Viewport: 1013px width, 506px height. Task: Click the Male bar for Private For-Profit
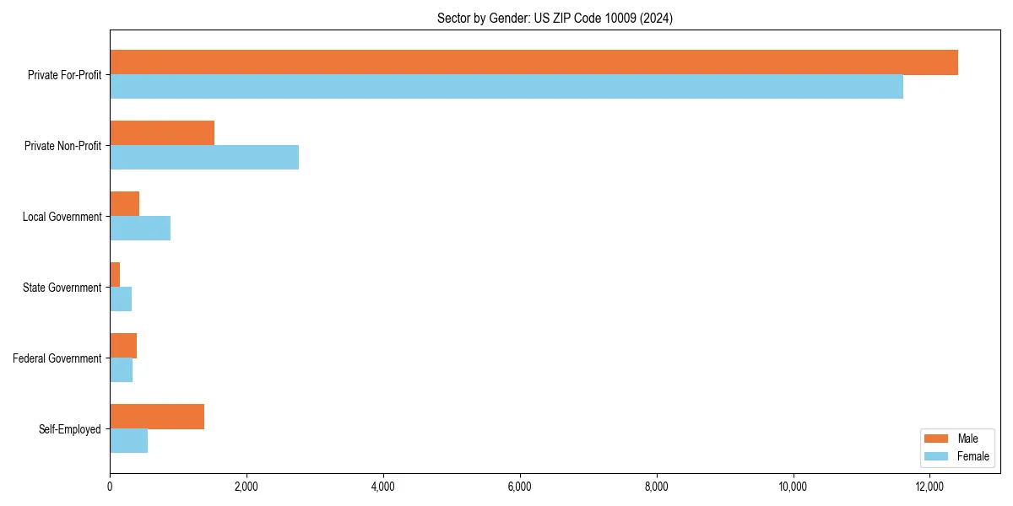coord(534,62)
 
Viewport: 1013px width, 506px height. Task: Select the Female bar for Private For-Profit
coord(506,87)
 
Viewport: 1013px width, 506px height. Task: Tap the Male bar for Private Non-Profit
coord(162,133)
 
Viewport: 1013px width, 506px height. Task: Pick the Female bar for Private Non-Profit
coord(204,158)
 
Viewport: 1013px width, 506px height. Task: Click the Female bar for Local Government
coord(140,229)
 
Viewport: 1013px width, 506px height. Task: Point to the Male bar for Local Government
coord(125,204)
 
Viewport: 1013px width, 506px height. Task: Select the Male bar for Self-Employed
coord(157,417)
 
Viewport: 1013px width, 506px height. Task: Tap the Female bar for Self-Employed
coord(129,441)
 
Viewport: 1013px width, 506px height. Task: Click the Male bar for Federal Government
coord(123,346)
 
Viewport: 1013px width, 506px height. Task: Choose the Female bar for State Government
coord(121,299)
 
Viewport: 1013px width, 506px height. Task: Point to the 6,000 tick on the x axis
coord(520,486)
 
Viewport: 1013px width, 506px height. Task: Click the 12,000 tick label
coord(929,486)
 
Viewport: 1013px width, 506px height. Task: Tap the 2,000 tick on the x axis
coord(246,486)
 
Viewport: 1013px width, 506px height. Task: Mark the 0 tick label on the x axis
coord(110,486)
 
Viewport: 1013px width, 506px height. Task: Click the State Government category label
coord(62,288)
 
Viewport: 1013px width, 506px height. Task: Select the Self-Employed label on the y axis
coord(69,429)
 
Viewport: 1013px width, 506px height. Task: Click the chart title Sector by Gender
coord(555,18)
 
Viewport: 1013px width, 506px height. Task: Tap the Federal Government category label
coord(57,358)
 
